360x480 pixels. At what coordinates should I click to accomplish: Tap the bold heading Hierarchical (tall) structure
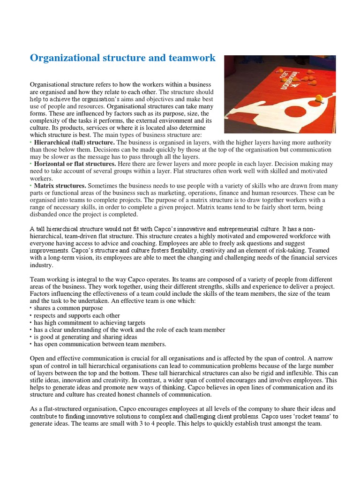(x=74, y=142)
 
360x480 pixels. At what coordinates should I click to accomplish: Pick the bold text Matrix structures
(x=60, y=186)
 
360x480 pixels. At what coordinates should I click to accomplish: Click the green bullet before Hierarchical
(x=30, y=142)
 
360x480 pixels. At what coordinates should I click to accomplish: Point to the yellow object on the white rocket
(x=320, y=98)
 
